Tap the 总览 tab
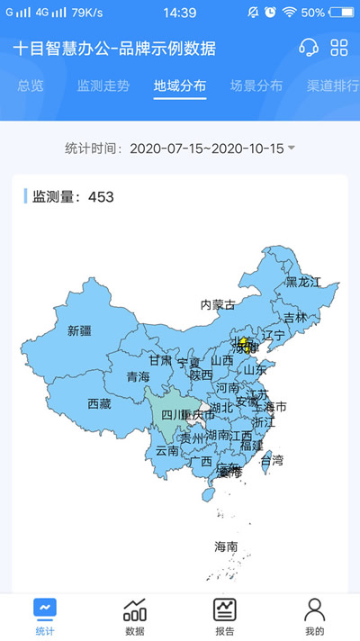[31, 86]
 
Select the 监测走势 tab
[103, 86]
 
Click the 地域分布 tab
[180, 86]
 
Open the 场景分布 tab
[256, 86]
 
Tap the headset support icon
[309, 48]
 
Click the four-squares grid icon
[339, 48]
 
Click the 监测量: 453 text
[73, 196]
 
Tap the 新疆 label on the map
[79, 330]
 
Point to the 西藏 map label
[99, 404]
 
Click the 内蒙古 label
[218, 304]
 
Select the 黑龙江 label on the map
[303, 282]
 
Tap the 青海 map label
[138, 376]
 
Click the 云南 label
[167, 450]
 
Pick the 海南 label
[226, 546]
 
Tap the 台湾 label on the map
[272, 460]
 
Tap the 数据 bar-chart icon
[135, 615]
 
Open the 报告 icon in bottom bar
[224, 615]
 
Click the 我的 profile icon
[314, 615]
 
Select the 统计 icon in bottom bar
[45, 615]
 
